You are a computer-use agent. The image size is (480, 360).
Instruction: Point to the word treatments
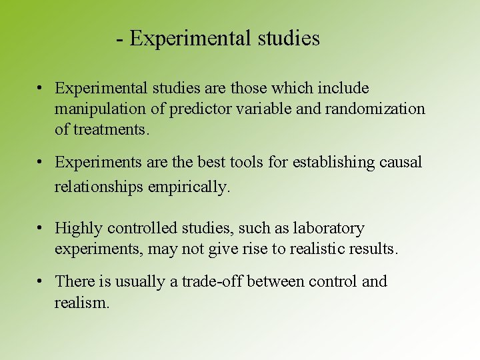click(111, 129)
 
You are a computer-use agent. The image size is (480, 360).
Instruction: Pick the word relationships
click(99, 187)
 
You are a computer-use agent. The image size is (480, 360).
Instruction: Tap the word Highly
click(79, 229)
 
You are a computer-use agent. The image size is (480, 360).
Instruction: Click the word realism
click(81, 303)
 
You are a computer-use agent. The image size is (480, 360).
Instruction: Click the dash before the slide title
click(119, 39)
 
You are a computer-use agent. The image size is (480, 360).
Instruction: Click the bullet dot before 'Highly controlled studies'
click(41, 229)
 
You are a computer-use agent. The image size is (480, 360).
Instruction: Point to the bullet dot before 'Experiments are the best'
click(41, 162)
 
